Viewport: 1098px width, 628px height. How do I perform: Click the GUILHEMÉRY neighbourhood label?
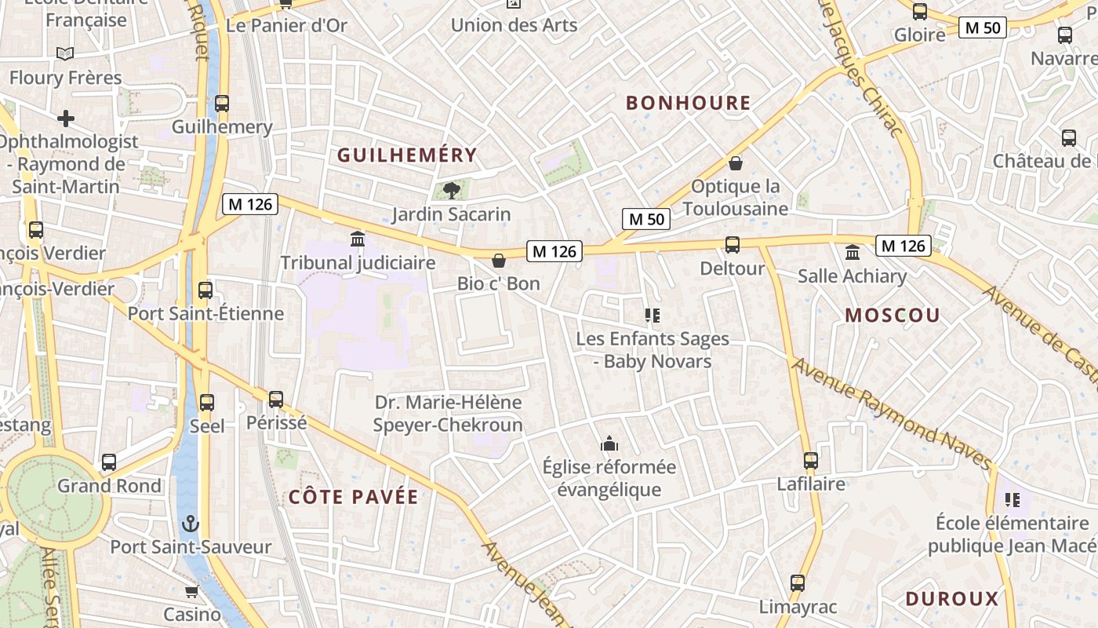click(x=407, y=155)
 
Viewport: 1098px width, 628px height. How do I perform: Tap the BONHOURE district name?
click(x=689, y=103)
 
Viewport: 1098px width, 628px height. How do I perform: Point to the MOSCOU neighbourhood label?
click(x=893, y=316)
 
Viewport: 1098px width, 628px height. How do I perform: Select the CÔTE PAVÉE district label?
click(x=354, y=497)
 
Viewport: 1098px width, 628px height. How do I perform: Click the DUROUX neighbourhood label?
click(x=952, y=599)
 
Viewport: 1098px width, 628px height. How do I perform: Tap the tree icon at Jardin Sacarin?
click(x=451, y=190)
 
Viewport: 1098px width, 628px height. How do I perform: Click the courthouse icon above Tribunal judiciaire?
click(x=358, y=239)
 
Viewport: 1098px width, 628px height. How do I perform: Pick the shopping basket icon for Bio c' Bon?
click(x=499, y=261)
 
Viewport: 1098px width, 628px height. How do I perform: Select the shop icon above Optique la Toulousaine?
click(x=736, y=163)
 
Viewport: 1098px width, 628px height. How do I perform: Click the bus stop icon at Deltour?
click(x=733, y=245)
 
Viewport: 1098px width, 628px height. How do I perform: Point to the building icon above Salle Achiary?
click(x=853, y=253)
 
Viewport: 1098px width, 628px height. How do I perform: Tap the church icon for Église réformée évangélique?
click(x=609, y=444)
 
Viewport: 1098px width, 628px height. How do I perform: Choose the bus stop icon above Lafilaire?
click(x=811, y=461)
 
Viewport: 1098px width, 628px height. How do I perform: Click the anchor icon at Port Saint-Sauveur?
click(x=191, y=523)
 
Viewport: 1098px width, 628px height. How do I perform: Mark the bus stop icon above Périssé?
click(x=276, y=399)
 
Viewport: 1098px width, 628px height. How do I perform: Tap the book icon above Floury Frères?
click(x=66, y=53)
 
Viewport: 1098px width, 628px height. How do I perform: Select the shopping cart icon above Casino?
click(x=192, y=591)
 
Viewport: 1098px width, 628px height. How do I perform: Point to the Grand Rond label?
click(x=109, y=486)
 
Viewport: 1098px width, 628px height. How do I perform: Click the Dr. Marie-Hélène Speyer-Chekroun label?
click(x=449, y=414)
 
